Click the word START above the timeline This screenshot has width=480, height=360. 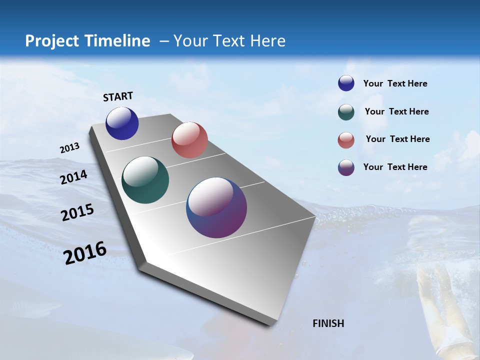tap(118, 96)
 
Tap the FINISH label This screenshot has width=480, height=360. tap(328, 323)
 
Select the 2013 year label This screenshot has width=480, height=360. tap(69, 148)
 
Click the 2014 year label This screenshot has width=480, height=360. tap(74, 177)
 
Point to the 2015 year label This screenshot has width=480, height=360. tap(77, 212)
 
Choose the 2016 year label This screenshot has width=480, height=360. tap(85, 253)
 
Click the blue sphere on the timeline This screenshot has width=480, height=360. tap(122, 123)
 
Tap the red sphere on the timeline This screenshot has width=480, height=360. tap(189, 140)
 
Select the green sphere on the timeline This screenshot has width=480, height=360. tap(145, 180)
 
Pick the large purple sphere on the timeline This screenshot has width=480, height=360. tap(216, 207)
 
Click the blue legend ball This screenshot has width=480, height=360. tap(346, 83)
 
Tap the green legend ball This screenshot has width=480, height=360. tap(346, 112)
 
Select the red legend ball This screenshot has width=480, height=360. tap(346, 140)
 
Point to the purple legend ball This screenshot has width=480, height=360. tap(346, 167)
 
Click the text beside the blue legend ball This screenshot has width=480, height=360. tap(395, 83)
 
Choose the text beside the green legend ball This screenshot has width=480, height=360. tap(396, 111)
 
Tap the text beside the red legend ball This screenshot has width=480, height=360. tap(397, 139)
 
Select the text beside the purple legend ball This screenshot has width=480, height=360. tap(395, 167)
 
